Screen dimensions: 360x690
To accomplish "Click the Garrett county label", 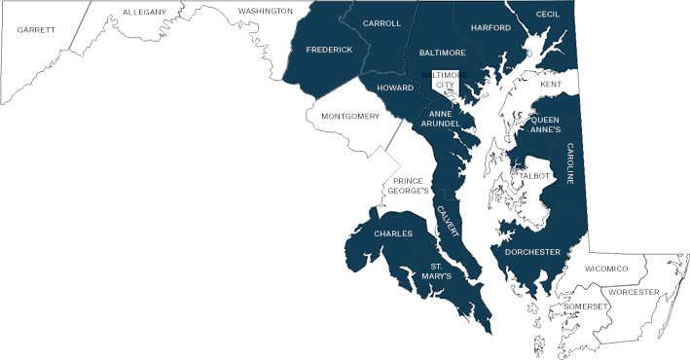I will point(36,30).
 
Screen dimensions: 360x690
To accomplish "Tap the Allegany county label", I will point(144,12).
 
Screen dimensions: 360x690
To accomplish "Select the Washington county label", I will point(265,11).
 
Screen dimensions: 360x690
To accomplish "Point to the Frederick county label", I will point(329,50).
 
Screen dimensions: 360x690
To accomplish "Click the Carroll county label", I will point(381,23).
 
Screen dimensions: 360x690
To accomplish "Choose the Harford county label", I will point(490,28).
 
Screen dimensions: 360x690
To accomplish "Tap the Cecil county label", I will point(548,15).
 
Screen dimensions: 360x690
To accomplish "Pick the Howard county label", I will point(395,88).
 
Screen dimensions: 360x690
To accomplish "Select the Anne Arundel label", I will point(446,119).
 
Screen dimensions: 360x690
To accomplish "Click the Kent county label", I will point(551,85).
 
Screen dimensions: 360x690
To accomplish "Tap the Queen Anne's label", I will point(544,124).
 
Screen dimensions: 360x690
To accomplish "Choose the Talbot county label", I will point(535,176).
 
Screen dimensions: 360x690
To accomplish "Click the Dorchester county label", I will point(532,252).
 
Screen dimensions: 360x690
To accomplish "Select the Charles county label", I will point(393,234).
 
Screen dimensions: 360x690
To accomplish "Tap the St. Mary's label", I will point(437,270).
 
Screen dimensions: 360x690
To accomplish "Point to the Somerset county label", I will point(586,306).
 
